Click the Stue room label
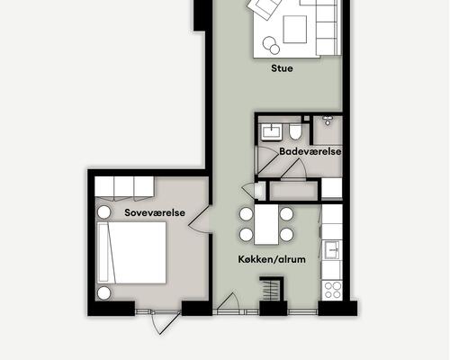pos(282,68)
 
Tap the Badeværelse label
pos(310,151)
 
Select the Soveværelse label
pos(155,212)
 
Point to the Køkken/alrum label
pos(272,259)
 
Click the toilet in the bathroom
pos(295,132)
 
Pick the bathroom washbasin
pos(271,132)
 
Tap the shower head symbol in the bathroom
pos(328,121)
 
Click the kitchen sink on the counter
pos(332,249)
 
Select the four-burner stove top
pos(332,290)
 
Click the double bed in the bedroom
pos(131,253)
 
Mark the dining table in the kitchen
pos(266,224)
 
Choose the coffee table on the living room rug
pos(295,30)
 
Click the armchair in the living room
pos(263,8)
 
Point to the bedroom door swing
pos(199,220)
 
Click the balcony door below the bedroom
pos(166,321)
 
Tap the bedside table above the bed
pos(103,212)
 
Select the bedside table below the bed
pos(103,293)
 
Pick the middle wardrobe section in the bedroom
pos(124,188)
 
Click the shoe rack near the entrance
pos(272,289)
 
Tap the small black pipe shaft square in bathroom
pos(306,119)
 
